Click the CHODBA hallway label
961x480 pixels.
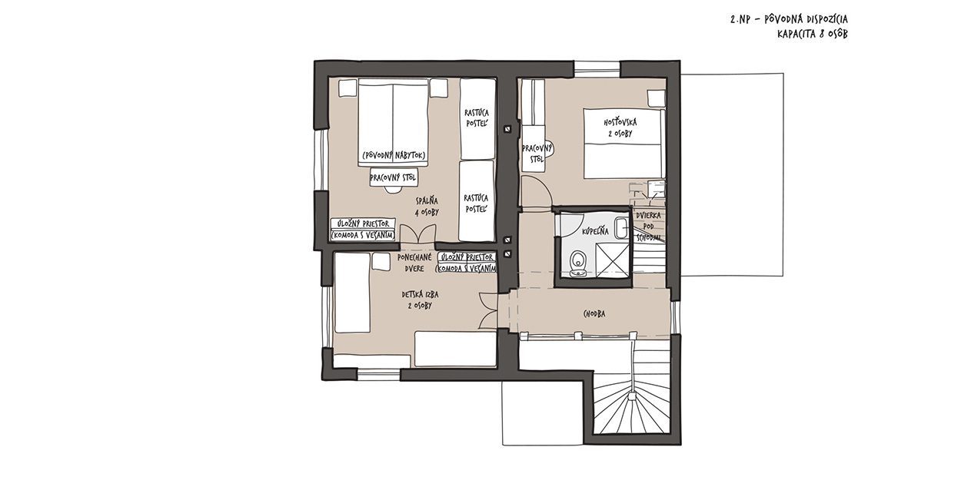pos(594,314)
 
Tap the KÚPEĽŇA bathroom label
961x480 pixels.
pos(595,231)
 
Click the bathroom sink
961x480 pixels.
pos(620,228)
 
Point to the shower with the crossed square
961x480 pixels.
pos(611,260)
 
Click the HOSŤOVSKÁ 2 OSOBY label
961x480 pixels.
pos(620,127)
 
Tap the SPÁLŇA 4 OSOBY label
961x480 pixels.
pos(427,206)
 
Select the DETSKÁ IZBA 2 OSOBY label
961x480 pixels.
pos(420,300)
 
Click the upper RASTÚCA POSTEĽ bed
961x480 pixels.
pos(477,119)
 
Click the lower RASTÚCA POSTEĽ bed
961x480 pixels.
pos(477,201)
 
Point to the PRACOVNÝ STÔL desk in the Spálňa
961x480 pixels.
pos(394,177)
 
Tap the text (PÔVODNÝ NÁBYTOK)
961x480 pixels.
pos(394,155)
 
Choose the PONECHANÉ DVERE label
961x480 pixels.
pos(414,263)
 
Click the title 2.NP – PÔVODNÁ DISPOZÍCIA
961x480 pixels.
pos(789,19)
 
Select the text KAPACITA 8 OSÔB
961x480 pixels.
pos(813,35)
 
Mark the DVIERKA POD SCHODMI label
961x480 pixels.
pos(648,227)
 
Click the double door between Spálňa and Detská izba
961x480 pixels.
pos(417,235)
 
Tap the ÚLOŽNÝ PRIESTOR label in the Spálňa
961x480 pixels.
pos(363,223)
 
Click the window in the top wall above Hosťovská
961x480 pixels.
pos(597,69)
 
